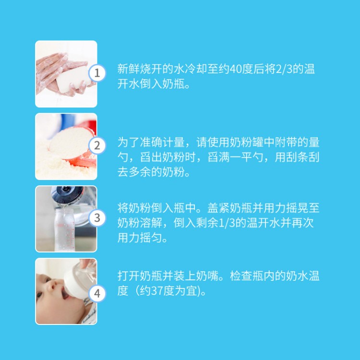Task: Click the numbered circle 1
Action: tap(97, 73)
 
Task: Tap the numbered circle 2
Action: tap(97, 145)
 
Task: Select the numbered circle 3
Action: tap(97, 218)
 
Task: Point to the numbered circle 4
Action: tap(97, 293)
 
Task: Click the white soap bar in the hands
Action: tap(72, 79)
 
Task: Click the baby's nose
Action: tap(53, 286)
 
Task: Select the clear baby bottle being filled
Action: tap(65, 229)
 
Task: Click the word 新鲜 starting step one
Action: tap(129, 69)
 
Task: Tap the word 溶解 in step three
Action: tap(151, 223)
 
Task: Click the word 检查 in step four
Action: tap(241, 276)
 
